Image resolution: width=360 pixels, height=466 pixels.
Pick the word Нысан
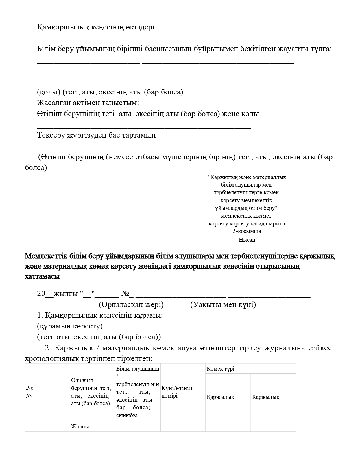[247, 240]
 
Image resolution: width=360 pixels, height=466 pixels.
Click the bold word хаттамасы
[42, 277]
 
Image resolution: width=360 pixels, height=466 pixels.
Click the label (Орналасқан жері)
[131, 305]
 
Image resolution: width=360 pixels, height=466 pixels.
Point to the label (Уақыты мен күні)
[223, 305]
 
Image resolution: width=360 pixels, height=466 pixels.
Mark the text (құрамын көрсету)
[70, 326]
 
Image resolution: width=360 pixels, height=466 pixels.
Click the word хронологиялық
[53, 359]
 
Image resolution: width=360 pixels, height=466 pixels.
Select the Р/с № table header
[29, 392]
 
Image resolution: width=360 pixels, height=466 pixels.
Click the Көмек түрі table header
[220, 369]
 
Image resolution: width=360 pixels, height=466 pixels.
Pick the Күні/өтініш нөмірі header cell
[177, 392]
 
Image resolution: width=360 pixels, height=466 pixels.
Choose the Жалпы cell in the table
[80, 427]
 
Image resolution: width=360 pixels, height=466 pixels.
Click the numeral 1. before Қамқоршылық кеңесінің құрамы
[40, 315]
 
